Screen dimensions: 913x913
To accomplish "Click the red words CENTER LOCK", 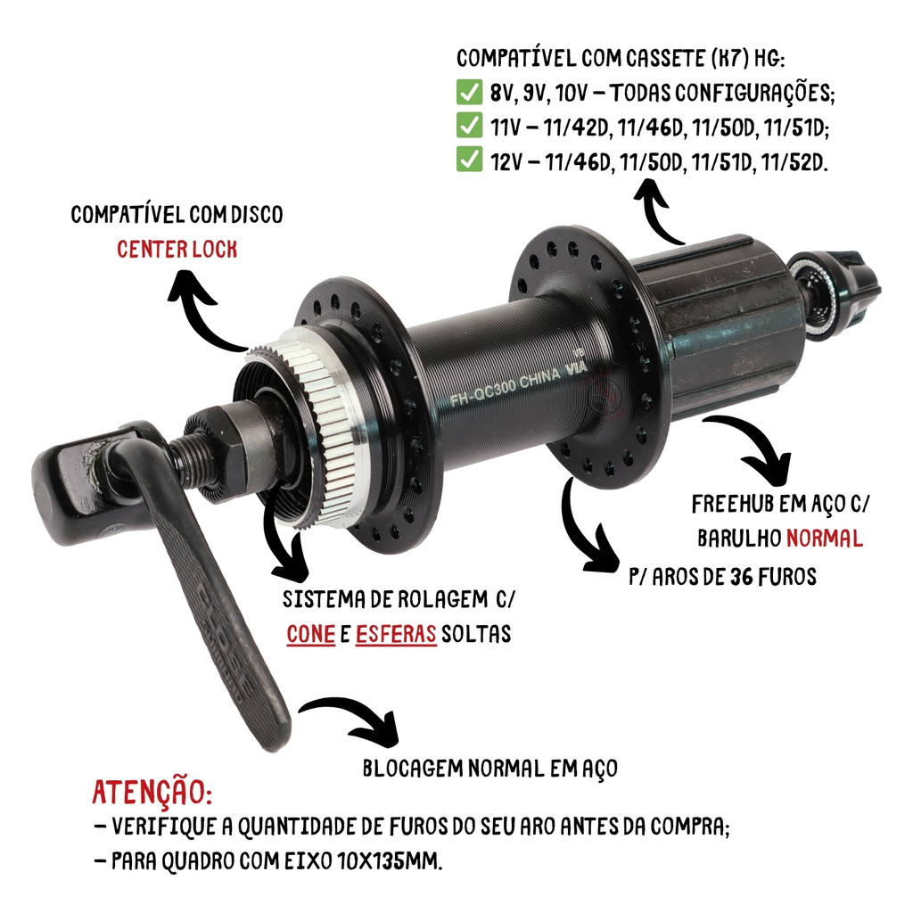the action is click(x=177, y=250).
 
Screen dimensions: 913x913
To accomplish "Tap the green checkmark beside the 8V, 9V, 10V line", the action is click(x=469, y=92).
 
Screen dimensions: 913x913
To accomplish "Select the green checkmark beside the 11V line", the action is click(x=469, y=126).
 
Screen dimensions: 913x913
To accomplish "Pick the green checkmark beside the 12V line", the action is click(x=469, y=160).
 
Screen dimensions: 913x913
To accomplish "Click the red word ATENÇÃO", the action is click(x=152, y=792).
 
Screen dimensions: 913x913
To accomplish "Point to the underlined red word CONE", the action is click(x=311, y=634).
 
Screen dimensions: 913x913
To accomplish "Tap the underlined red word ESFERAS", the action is click(x=396, y=634).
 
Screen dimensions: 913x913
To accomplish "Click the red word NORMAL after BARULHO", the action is click(x=825, y=538).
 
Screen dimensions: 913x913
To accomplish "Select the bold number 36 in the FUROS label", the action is click(x=741, y=577).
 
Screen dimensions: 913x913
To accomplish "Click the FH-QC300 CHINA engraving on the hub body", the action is click(x=506, y=387).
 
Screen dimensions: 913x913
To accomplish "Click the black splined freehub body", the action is click(x=722, y=326).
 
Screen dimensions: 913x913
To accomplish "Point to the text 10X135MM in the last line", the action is click(x=390, y=860).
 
